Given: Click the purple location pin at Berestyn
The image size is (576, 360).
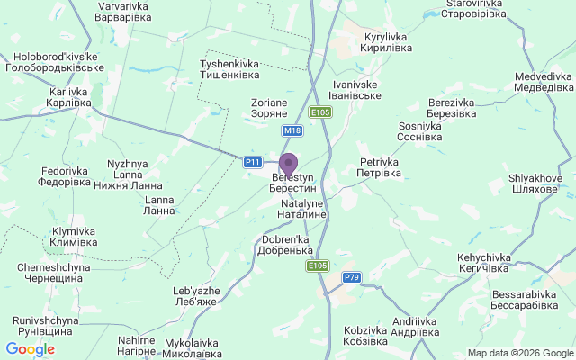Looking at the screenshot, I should tap(288, 165).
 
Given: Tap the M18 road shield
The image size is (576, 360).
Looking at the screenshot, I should tap(292, 130).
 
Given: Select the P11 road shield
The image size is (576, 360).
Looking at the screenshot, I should tap(253, 162).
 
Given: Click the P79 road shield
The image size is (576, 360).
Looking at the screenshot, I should tap(351, 277).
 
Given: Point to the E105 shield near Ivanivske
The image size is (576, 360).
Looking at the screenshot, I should tap(320, 112).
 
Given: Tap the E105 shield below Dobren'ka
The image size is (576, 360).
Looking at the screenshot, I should tap(317, 265).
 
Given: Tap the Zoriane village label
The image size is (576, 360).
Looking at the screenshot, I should tap(268, 109).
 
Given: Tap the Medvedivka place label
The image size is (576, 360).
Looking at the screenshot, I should tap(544, 82).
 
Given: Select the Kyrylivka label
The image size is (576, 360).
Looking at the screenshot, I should tap(386, 42).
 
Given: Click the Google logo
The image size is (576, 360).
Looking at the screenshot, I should tap(30, 349).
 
